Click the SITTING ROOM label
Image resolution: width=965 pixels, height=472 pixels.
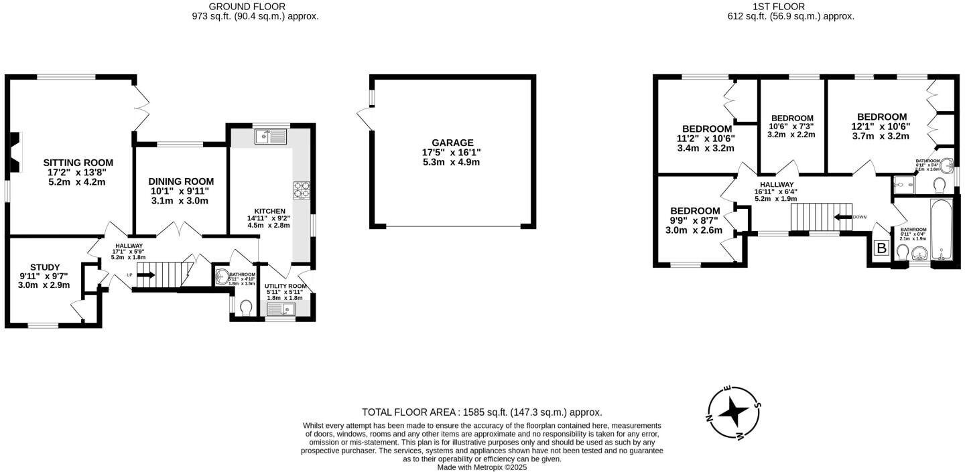78,163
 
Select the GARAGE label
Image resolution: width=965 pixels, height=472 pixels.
452,143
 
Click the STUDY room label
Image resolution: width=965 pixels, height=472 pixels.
44,267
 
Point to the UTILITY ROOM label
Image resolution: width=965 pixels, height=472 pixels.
285,286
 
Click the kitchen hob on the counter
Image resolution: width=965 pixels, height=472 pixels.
300,191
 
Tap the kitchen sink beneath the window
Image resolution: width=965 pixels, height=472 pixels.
271,137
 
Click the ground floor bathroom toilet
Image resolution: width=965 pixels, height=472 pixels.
245,307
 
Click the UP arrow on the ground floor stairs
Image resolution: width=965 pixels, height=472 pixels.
145,274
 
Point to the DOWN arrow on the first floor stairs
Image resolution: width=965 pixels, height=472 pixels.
841,217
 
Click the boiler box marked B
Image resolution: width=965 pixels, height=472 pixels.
882,249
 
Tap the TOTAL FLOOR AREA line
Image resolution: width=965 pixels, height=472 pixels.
482,412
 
